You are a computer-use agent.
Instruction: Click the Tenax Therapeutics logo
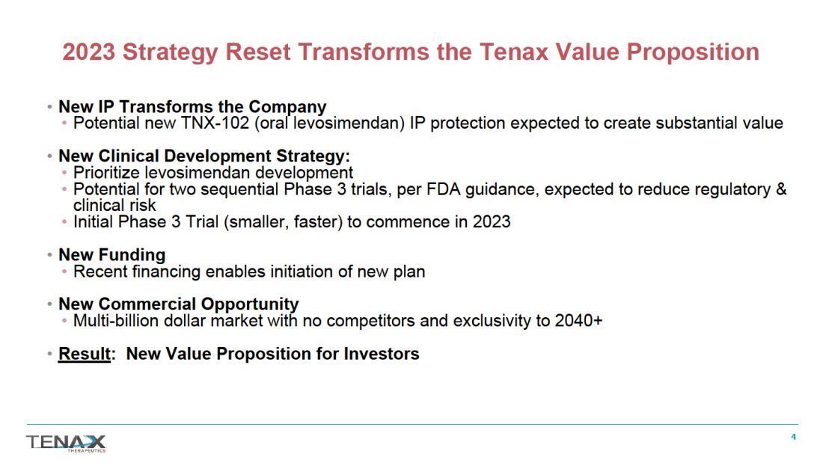(66, 443)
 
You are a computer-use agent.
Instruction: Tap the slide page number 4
(793, 437)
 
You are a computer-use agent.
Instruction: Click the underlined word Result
(84, 354)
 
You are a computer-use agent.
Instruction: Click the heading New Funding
(111, 255)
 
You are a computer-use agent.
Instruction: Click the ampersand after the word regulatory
(781, 189)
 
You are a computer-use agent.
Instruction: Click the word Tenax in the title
(514, 52)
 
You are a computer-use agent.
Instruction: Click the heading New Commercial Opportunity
(179, 304)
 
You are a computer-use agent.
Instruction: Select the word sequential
(239, 189)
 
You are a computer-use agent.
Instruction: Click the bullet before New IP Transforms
(49, 107)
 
